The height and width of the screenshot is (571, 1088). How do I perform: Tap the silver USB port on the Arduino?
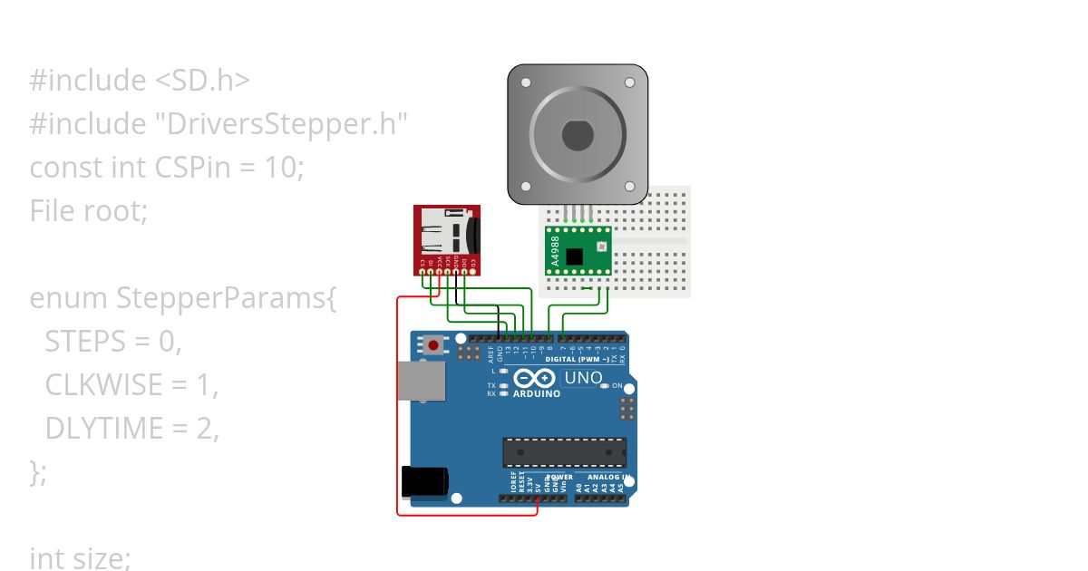click(x=421, y=381)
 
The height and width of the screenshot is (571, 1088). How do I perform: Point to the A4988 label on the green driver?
click(x=554, y=249)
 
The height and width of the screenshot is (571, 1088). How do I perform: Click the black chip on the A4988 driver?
click(x=574, y=256)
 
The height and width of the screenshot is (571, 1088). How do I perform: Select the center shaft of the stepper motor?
click(x=577, y=136)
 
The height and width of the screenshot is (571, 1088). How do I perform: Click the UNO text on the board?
click(x=583, y=377)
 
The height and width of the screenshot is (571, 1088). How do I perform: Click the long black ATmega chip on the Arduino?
click(x=565, y=451)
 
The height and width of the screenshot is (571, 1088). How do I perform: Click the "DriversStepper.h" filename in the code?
click(x=287, y=124)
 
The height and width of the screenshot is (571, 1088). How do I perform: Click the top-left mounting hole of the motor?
click(x=526, y=82)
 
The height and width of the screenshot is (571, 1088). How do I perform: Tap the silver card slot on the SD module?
click(x=443, y=234)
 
